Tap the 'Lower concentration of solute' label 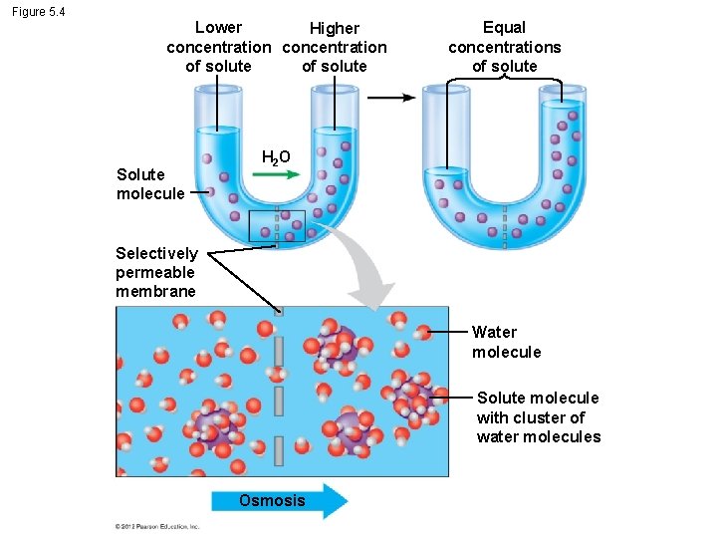click(218, 47)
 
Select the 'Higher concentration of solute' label click(335, 48)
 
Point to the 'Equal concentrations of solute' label click(504, 47)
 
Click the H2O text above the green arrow click(276, 157)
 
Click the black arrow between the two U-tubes click(392, 98)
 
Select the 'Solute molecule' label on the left click(149, 184)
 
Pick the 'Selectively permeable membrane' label click(156, 272)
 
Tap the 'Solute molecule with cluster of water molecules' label click(538, 417)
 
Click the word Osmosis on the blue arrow click(272, 500)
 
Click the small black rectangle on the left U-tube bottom click(277, 226)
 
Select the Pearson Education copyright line click(157, 526)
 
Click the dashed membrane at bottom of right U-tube click(504, 227)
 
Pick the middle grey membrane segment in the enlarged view click(279, 401)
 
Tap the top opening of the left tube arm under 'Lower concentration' click(218, 90)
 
